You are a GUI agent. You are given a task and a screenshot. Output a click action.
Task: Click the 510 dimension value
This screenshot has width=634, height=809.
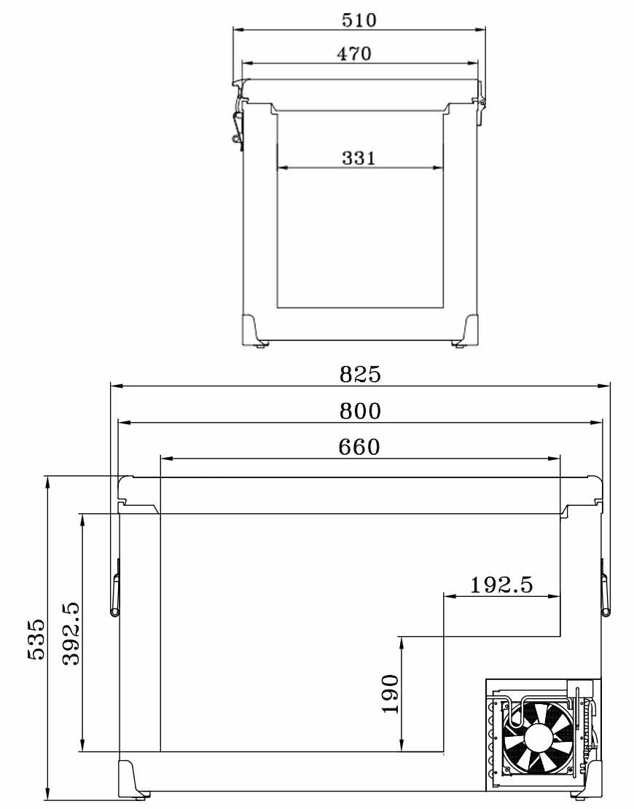[x=359, y=20]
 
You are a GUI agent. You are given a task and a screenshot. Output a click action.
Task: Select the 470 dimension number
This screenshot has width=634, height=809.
[x=354, y=54]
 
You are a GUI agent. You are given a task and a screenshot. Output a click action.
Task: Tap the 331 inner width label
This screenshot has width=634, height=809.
[x=359, y=158]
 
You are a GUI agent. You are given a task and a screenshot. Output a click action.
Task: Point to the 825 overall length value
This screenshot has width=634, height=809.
[x=360, y=374]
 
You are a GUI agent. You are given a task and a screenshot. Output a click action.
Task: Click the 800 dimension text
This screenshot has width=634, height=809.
[x=360, y=411]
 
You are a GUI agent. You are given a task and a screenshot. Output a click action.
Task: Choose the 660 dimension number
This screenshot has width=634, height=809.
[x=359, y=447]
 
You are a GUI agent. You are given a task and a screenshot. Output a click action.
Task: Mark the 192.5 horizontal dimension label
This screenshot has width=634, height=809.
[x=501, y=585]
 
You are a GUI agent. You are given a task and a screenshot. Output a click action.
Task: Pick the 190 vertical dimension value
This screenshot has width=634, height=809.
[x=391, y=694]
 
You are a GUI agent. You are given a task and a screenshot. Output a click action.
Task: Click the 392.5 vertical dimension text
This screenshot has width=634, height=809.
[x=71, y=633]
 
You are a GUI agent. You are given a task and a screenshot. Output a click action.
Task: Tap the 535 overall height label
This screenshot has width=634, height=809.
[x=36, y=639]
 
